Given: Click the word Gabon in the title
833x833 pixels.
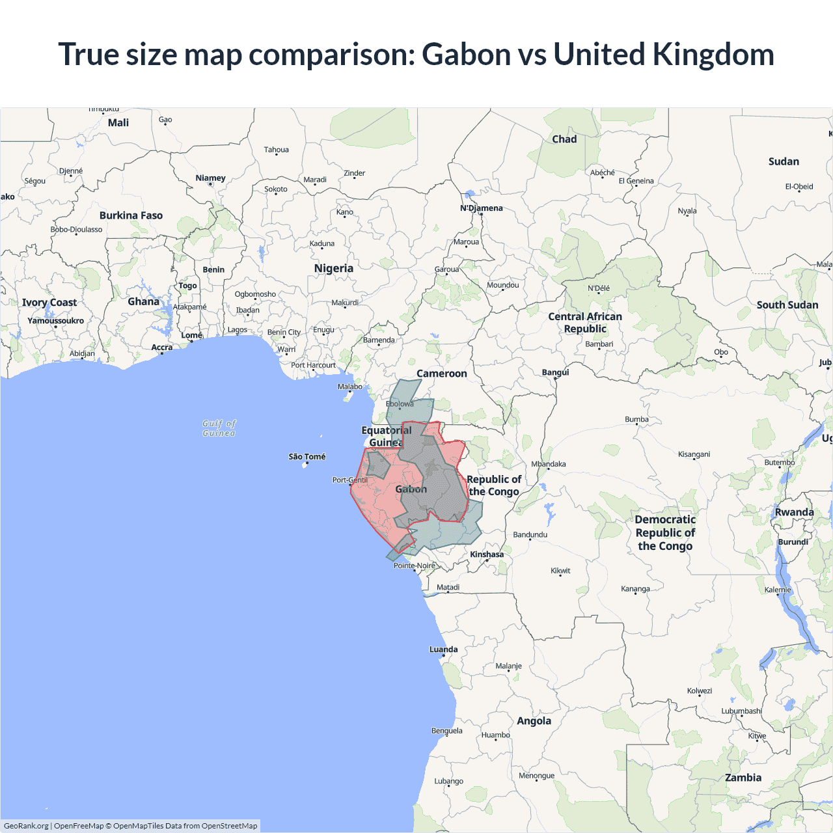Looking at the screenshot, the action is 466,54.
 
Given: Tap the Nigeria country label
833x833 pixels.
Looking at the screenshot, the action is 333,268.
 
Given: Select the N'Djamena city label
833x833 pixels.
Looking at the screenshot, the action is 482,208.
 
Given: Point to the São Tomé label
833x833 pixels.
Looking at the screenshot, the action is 307,457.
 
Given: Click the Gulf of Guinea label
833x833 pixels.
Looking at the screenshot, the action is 219,428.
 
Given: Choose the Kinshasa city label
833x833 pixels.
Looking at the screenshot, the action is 487,554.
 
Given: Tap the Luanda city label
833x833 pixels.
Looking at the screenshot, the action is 443,649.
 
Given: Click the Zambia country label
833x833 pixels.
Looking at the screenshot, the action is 743,778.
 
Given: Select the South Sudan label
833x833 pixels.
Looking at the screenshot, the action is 787,305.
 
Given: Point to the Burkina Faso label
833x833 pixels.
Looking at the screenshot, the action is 131,215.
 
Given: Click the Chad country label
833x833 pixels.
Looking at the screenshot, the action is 564,139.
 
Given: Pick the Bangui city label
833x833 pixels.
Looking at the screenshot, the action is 555,372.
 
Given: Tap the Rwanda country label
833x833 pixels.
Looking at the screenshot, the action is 794,512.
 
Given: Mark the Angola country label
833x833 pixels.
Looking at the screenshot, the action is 534,721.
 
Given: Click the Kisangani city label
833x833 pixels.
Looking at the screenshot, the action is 694,454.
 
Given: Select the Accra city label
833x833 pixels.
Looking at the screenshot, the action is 162,348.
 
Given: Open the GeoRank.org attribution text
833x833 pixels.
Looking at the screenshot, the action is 26,826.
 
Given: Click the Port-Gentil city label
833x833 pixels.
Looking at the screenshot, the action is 349,480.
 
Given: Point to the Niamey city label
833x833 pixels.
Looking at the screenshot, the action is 210,178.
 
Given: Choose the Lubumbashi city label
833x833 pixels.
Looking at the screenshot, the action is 741,711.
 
